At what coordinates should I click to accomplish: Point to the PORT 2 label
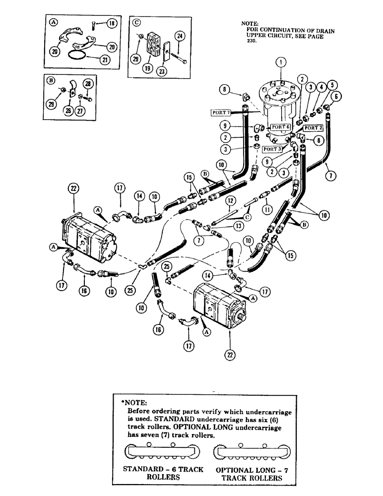click(313, 128)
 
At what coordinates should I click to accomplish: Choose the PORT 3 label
click(272, 149)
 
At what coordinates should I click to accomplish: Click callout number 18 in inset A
click(112, 23)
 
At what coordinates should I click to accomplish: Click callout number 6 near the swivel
click(337, 96)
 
